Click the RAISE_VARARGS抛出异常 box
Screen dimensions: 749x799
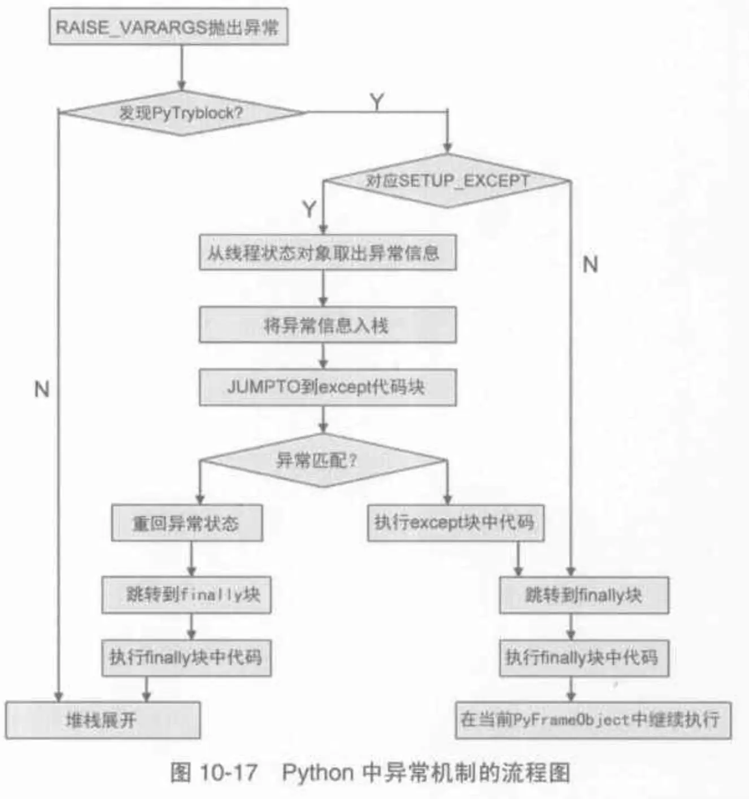pos(168,27)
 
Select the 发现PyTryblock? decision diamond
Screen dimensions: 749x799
pos(181,113)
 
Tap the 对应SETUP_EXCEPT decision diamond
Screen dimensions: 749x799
pos(447,181)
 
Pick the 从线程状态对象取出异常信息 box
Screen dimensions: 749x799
pos(328,253)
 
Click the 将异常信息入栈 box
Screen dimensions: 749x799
pos(328,325)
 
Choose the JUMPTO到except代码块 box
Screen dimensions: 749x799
pos(328,387)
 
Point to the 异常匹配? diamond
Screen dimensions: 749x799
pos(323,461)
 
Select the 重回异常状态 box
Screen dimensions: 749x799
pos(186,523)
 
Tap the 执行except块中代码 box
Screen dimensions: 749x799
pos(455,523)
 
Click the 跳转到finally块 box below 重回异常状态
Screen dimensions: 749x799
pos(186,594)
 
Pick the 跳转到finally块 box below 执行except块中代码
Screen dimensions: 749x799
pos(583,595)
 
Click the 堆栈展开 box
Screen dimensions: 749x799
pos(103,720)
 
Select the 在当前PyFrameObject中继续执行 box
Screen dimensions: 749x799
pos(593,719)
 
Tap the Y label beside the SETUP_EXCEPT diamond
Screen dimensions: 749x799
pos(309,209)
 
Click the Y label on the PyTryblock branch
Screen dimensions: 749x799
pos(377,102)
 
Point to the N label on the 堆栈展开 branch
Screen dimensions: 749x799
pos(42,389)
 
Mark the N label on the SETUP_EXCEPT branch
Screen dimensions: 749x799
pos(590,264)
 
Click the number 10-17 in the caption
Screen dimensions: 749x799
pos(228,772)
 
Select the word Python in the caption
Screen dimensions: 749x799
pos(317,772)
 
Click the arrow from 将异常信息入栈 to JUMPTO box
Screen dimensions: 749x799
pos(323,356)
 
